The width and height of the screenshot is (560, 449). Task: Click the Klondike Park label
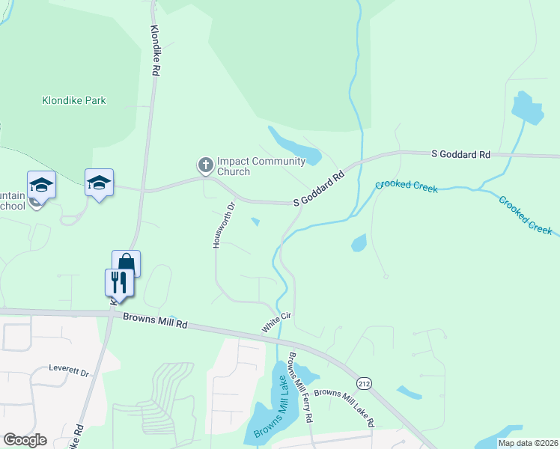click(73, 100)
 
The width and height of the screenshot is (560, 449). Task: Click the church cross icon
click(204, 164)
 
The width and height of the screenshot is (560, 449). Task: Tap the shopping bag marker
click(127, 263)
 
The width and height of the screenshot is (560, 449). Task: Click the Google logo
click(25, 440)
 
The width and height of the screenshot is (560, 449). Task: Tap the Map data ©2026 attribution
click(528, 443)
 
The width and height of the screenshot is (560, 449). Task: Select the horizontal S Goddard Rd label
click(460, 154)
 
